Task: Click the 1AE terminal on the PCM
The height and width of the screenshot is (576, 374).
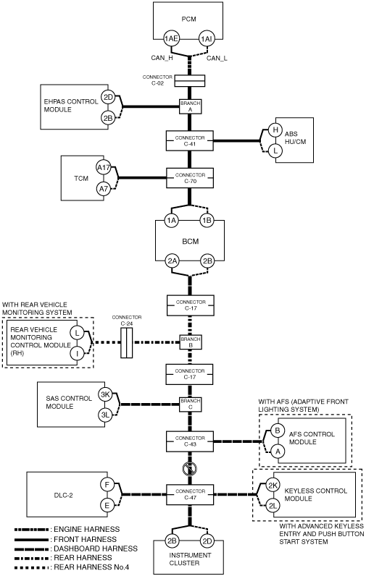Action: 171,39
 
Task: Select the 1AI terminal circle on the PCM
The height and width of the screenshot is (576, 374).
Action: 207,39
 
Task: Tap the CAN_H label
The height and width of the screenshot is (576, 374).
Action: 162,58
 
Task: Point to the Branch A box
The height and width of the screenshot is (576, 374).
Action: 191,106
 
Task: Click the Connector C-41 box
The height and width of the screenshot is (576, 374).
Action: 190,140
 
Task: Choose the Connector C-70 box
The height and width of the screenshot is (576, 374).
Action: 190,178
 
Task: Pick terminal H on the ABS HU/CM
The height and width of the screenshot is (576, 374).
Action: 275,130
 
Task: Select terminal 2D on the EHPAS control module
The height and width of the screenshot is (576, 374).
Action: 108,98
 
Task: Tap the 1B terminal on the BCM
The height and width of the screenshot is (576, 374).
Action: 207,221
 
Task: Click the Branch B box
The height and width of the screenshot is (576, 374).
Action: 191,342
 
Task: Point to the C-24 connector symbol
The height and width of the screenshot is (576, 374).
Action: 126,343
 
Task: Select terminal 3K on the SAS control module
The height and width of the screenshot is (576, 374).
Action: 105,395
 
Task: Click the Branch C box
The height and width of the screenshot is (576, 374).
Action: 191,404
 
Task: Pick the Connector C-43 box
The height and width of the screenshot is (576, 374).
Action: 190,441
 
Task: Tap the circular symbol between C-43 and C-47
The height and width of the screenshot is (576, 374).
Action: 190,469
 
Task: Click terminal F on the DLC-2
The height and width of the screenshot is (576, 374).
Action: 107,485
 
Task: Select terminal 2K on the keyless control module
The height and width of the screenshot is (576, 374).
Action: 273,486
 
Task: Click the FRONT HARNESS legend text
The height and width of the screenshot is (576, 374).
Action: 85,539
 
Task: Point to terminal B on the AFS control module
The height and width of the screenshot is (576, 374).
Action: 278,431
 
